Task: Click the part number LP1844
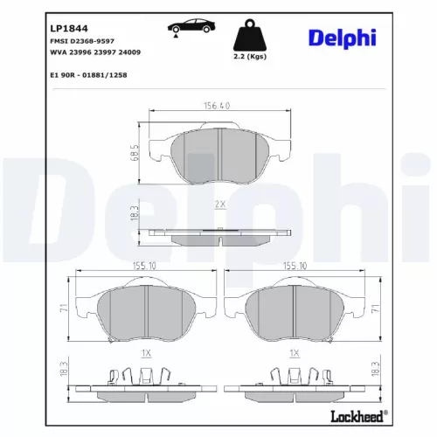click(x=69, y=28)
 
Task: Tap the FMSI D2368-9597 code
click(x=82, y=41)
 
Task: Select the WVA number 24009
click(x=129, y=52)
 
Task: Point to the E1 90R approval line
click(x=88, y=75)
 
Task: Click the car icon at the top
click(x=191, y=27)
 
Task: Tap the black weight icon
click(x=250, y=35)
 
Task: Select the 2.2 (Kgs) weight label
click(x=250, y=57)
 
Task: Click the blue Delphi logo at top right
click(x=343, y=38)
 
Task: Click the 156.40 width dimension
click(x=217, y=106)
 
